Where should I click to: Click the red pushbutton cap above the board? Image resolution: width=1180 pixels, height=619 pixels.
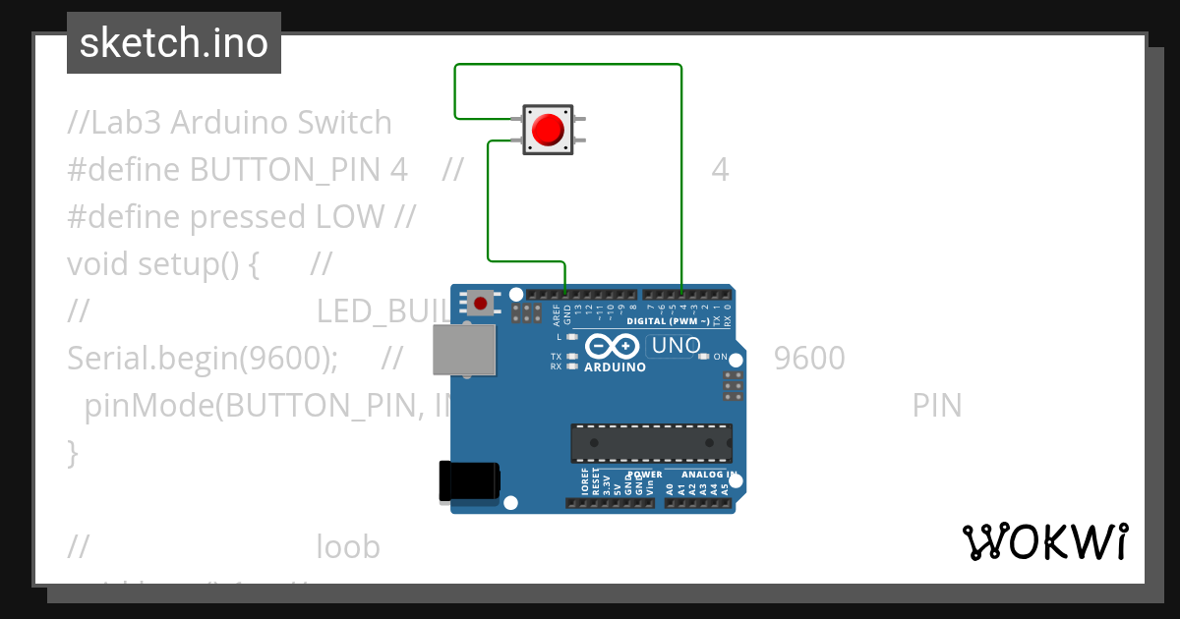pyautogui.click(x=547, y=130)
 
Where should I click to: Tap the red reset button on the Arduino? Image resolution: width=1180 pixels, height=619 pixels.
pyautogui.click(x=481, y=302)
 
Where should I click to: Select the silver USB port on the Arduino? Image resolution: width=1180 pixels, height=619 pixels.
pyautogui.click(x=466, y=350)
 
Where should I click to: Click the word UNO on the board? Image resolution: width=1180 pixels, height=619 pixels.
pyautogui.click(x=676, y=346)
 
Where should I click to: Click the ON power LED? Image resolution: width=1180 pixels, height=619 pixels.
pyautogui.click(x=702, y=357)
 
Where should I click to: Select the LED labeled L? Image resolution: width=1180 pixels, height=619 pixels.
pyautogui.click(x=572, y=336)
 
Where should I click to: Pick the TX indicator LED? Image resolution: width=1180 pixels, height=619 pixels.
pyautogui.click(x=572, y=356)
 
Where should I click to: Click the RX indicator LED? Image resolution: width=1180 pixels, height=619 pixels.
pyautogui.click(x=572, y=366)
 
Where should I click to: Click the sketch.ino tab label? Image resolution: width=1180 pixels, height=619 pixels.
pyautogui.click(x=174, y=43)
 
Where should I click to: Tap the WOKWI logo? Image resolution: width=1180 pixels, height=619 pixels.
pyautogui.click(x=1044, y=541)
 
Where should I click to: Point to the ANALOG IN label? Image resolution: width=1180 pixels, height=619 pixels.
pyautogui.click(x=702, y=475)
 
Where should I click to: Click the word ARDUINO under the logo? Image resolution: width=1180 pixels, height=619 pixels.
pyautogui.click(x=615, y=367)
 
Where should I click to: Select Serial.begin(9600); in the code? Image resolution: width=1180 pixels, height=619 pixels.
pyautogui.click(x=203, y=359)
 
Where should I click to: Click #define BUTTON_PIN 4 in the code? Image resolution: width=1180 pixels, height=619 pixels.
pyautogui.click(x=237, y=170)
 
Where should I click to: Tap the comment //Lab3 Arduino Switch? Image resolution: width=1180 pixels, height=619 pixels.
pyautogui.click(x=229, y=123)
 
